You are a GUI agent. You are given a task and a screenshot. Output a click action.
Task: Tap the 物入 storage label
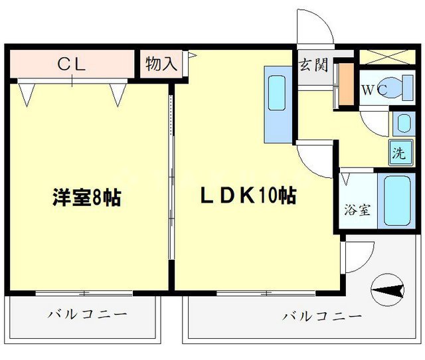(161, 64)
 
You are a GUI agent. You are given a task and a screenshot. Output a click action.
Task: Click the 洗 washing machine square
(399, 153)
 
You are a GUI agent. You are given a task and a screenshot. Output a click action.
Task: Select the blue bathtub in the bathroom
(398, 199)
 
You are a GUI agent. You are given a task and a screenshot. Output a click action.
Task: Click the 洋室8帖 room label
(87, 197)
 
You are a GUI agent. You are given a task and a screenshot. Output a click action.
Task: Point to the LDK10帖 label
(248, 196)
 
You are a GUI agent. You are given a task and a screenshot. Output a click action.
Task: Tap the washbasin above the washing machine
(402, 124)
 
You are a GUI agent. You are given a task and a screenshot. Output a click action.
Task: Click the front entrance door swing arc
(314, 27)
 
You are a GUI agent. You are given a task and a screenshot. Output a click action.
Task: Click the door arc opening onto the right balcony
(359, 256)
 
